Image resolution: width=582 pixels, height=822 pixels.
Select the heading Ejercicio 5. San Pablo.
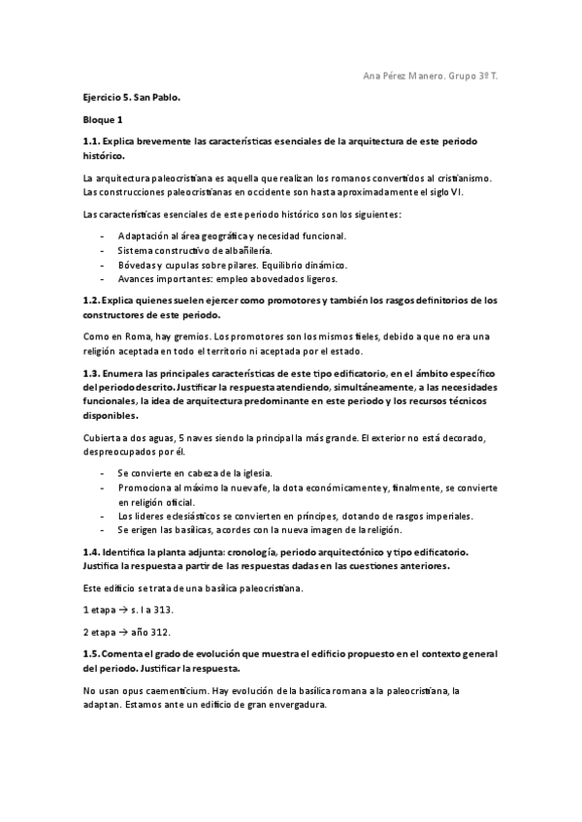[131, 99]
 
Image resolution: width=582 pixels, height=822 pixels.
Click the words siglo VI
[478, 191]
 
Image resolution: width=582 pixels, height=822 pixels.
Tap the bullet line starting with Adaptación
[232, 236]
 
